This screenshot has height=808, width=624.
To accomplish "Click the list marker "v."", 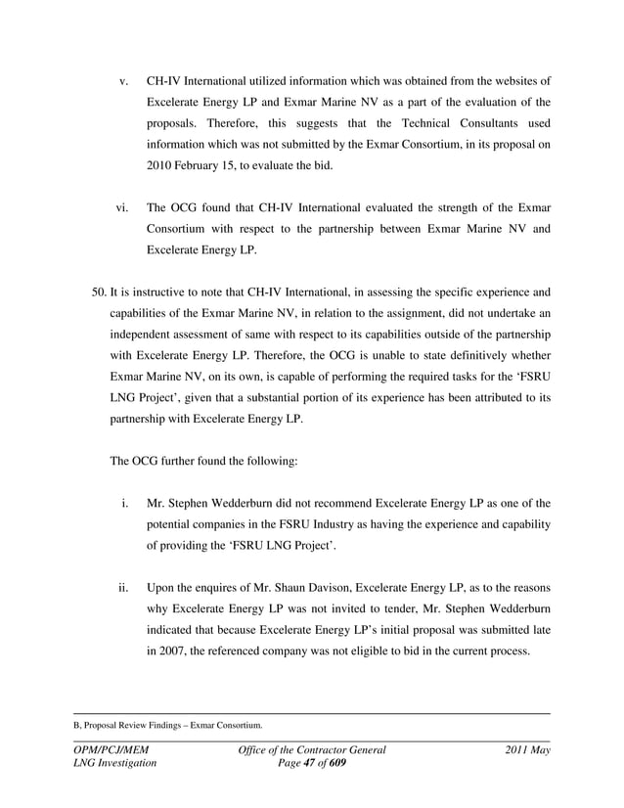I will click(124, 79).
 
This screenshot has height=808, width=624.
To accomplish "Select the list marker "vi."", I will click(122, 207).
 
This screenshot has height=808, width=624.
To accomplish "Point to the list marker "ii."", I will click(123, 589).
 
